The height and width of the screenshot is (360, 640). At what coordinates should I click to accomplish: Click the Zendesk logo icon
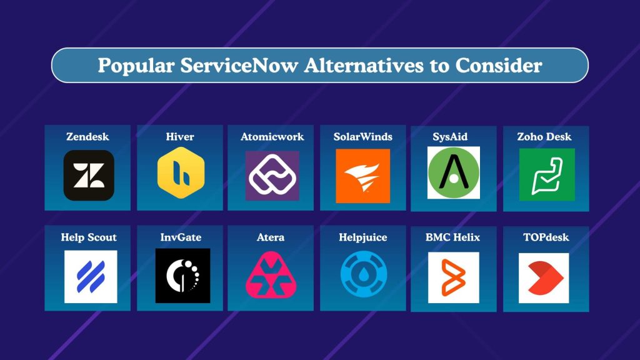pos(89,175)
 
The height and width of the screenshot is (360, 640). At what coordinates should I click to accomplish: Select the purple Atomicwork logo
pos(272,176)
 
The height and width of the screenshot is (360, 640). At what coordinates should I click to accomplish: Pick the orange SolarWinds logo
pos(362,176)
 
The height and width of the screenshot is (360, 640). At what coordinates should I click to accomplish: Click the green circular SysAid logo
pos(454,172)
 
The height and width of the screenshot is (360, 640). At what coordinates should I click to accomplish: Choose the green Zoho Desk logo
pos(546,175)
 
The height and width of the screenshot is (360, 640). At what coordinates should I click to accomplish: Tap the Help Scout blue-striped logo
pos(91,277)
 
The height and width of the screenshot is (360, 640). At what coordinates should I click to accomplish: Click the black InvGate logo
pos(182,276)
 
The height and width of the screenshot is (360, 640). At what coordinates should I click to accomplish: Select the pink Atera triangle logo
pos(271,276)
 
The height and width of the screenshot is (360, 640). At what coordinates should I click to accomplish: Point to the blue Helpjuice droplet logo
pos(363,276)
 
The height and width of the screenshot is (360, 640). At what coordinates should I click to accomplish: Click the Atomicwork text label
pos(272,136)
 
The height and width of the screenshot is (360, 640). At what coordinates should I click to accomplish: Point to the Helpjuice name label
pos(363,237)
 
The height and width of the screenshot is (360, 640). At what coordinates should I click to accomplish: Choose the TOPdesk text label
pos(546,237)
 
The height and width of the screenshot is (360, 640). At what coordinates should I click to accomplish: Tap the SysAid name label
pos(454,136)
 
